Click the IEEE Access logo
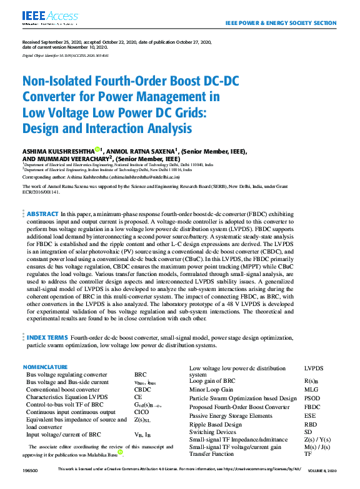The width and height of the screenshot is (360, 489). tap(42, 17)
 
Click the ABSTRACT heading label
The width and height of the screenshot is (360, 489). tap(42, 214)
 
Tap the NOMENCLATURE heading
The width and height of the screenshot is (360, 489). tap(45, 367)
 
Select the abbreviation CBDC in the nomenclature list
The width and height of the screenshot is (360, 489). tap(143, 388)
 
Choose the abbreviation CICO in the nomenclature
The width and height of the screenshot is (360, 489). tap(142, 412)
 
